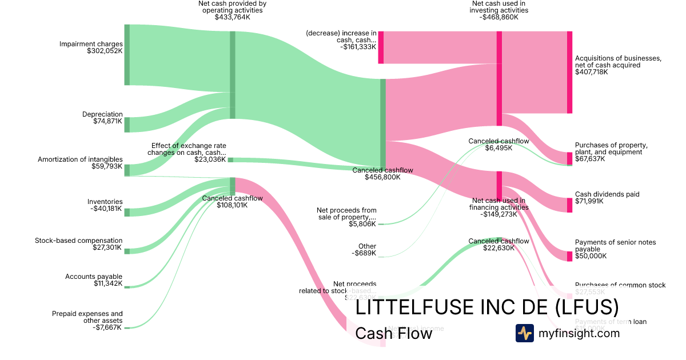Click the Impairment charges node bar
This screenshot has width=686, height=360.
pos(127,55)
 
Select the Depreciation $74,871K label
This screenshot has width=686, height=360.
pos(102,118)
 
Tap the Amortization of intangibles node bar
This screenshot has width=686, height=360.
pos(127,170)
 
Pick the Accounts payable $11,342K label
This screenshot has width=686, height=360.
pos(94,280)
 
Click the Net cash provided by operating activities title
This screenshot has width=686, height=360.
pos(232,10)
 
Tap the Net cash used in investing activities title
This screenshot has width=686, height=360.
pos(499,10)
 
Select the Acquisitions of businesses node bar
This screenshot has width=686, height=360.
pos(569,72)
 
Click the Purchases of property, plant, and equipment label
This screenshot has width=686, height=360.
pos(611,151)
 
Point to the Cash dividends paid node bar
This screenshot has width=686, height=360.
pos(569,205)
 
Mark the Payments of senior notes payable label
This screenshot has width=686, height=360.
pos(615,249)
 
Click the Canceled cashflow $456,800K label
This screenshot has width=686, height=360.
pos(382,174)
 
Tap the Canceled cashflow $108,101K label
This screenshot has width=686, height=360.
pos(232,202)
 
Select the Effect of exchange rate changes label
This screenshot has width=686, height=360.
pos(188,152)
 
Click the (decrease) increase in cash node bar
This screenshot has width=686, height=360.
pos(381,47)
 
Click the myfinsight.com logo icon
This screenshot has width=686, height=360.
pos(524,333)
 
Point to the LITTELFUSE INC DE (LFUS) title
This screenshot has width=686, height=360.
pos(487,307)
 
